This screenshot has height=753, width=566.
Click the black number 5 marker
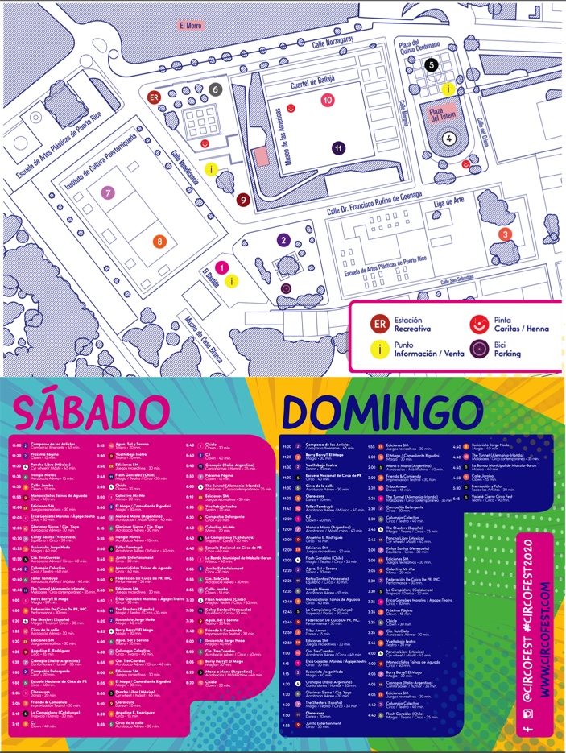click(x=432, y=64)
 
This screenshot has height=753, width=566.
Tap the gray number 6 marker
click(x=215, y=89)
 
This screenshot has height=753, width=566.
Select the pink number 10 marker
click(x=327, y=101)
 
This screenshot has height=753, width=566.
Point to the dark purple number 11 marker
click(x=339, y=148)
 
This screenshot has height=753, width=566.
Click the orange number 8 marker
click(x=159, y=241)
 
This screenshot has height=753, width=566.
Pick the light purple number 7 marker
click(x=107, y=192)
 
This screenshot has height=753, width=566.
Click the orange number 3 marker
click(x=505, y=234)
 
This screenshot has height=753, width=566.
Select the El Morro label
click(x=189, y=25)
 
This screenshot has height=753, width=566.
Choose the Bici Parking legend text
click(x=507, y=349)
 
